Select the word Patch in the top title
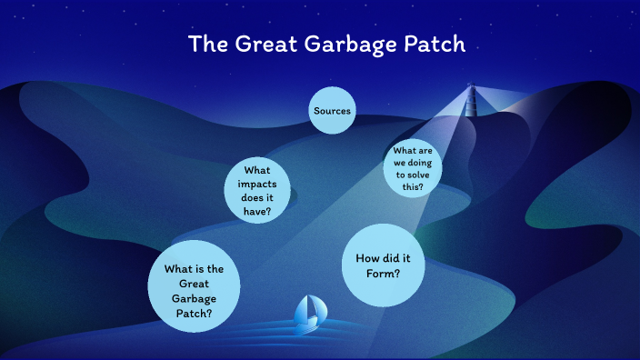[433, 44]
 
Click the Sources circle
[332, 111]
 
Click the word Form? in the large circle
[385, 274]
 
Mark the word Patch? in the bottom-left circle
[194, 313]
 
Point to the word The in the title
[203, 44]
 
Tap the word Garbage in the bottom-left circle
[194, 298]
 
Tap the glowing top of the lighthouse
[471, 87]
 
